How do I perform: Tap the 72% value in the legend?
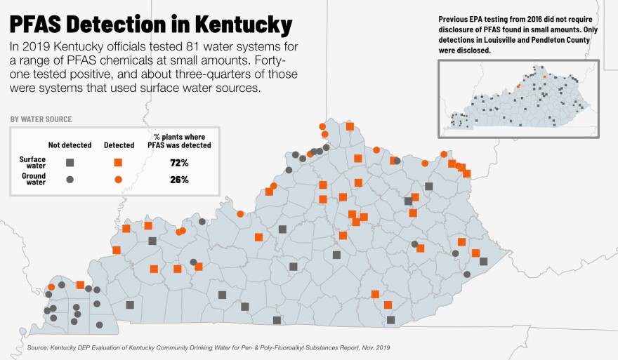coord(179,163)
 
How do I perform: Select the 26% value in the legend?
coord(179,180)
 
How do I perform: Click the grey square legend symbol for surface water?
coord(70,163)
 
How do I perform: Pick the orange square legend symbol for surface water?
coord(118,163)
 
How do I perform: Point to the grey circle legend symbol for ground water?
coord(70,180)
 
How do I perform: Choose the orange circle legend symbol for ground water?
coord(118,180)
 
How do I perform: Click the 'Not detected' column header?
coord(70,145)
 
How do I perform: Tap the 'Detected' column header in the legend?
coord(119,145)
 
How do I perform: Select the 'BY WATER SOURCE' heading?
coord(41,119)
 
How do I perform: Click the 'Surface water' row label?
coord(32,163)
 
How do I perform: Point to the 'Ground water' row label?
coord(33,180)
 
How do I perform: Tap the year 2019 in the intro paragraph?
coord(35,47)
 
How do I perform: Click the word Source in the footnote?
coord(39,347)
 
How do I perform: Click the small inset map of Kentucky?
coord(518,98)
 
